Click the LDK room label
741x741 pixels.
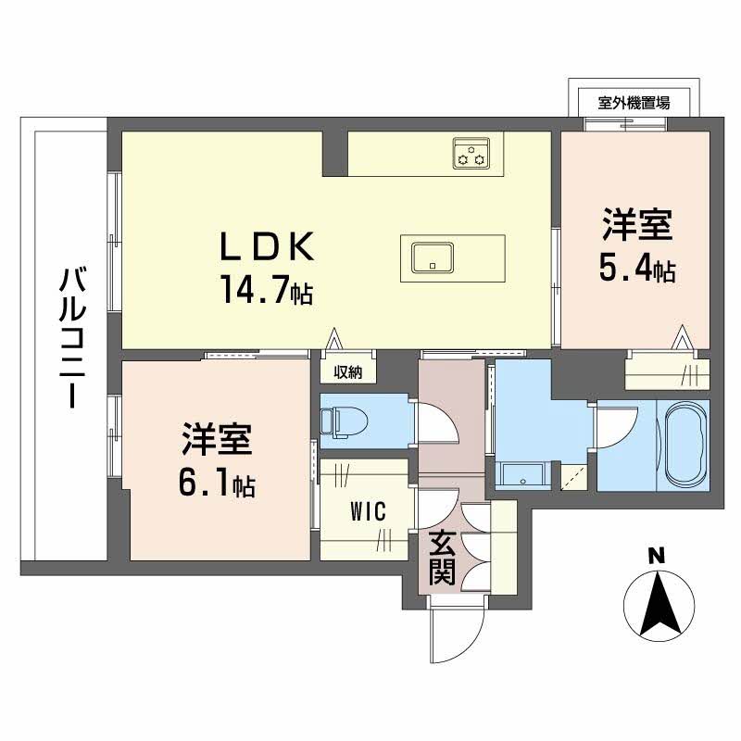coord(267,246)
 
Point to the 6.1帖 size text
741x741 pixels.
coord(217,482)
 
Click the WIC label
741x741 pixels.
coord(368,511)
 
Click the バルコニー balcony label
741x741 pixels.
coord(72,337)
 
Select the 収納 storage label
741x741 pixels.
coord(348,372)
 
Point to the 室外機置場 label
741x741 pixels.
coord(634,102)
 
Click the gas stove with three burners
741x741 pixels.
coord(471,154)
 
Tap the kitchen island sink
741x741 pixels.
coord(433,258)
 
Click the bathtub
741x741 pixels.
coord(684,445)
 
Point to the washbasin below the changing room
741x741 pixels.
coord(522,474)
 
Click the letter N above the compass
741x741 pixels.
coord(656,557)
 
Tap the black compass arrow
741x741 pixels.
coord(659,604)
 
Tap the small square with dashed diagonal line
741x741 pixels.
coord(573,476)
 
